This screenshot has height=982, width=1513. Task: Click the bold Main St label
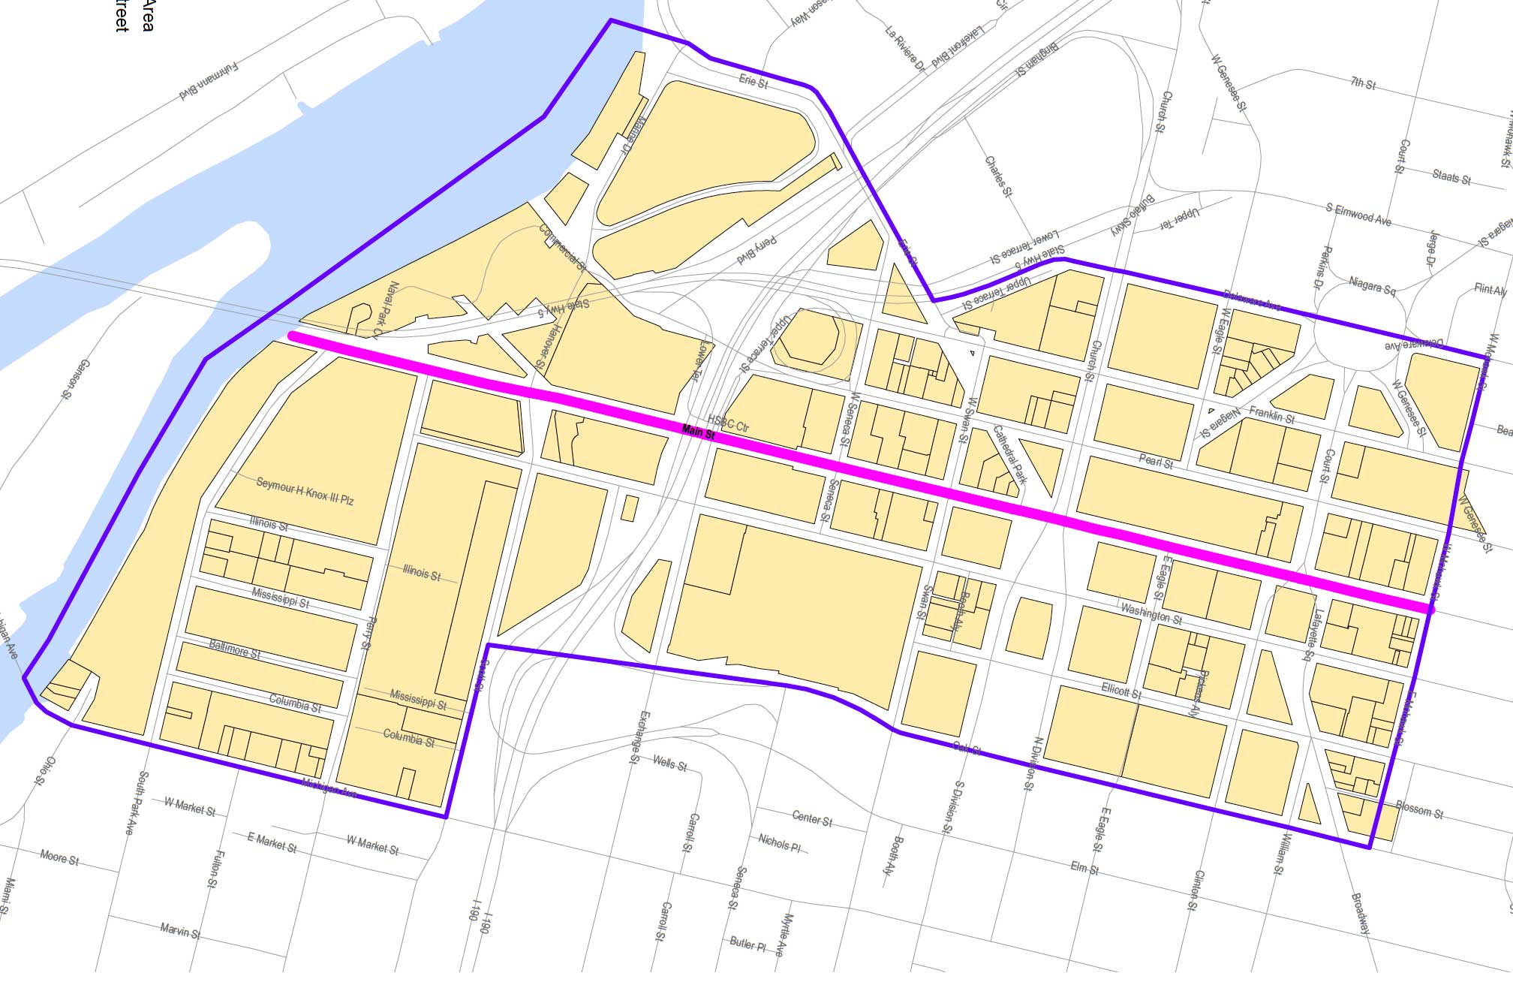coord(699,432)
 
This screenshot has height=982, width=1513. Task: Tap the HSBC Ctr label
coord(729,423)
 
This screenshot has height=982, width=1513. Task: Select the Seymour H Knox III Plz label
coord(305,491)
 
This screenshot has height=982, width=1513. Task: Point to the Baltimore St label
coord(235,649)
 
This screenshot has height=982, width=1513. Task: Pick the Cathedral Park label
coord(1009,455)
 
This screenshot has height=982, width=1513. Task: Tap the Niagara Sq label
coord(1372,286)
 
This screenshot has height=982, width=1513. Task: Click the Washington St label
coord(1151,614)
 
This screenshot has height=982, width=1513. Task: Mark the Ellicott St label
coord(1122,691)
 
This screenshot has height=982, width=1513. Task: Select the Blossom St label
coord(1419,810)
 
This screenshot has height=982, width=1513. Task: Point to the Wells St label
coord(669,764)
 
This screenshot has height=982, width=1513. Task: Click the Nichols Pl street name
coord(779,843)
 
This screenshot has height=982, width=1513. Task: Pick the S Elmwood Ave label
coord(1358,215)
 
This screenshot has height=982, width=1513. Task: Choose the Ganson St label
coord(75,379)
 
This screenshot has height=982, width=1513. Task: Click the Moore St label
coord(59,857)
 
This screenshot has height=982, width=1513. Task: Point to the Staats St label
coord(1451,177)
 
